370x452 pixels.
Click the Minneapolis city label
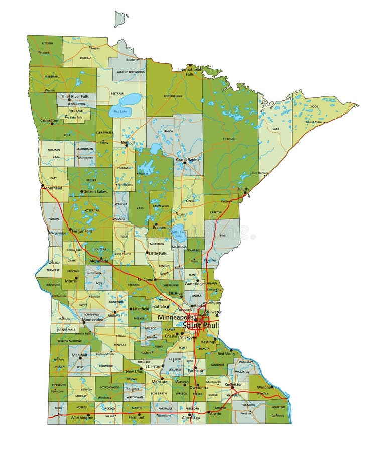176,318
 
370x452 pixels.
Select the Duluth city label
242,190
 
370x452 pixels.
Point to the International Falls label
189,72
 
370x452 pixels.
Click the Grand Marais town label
315,122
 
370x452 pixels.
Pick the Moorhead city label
53,188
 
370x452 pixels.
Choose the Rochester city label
233,385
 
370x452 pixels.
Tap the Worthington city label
82,417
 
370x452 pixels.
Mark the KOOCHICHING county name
173,96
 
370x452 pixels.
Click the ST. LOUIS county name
229,138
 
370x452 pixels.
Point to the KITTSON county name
47,43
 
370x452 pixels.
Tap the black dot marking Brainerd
155,224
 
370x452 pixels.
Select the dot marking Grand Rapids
184,163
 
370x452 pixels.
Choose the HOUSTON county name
278,407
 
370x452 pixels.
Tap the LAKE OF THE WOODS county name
130,72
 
